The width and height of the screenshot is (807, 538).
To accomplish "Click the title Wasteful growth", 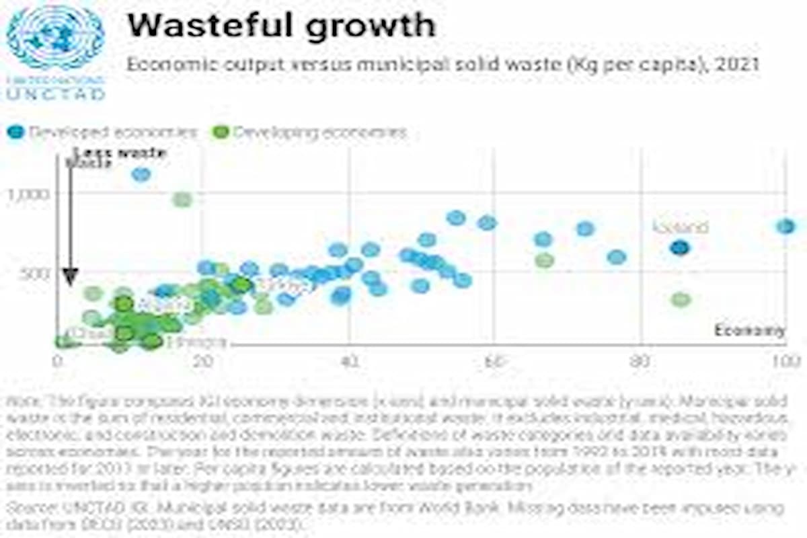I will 281,26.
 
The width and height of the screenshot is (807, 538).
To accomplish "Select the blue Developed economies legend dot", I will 15,132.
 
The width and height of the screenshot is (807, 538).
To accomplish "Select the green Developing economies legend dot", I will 220,132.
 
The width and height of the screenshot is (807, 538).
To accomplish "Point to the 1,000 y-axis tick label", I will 28,194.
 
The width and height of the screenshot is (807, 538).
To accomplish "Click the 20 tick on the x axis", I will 203,360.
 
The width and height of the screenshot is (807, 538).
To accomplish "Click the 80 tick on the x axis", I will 640,360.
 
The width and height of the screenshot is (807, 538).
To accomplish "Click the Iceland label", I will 681,227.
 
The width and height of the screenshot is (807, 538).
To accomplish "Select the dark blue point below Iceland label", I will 681,247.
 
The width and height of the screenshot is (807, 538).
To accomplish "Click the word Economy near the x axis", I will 749,330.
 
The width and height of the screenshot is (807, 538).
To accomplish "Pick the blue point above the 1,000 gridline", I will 141,174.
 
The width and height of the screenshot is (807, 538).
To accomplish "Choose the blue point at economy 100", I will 785,227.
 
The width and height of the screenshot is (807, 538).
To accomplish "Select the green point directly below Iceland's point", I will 681,299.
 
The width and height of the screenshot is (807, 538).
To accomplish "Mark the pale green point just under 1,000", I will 182,199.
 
